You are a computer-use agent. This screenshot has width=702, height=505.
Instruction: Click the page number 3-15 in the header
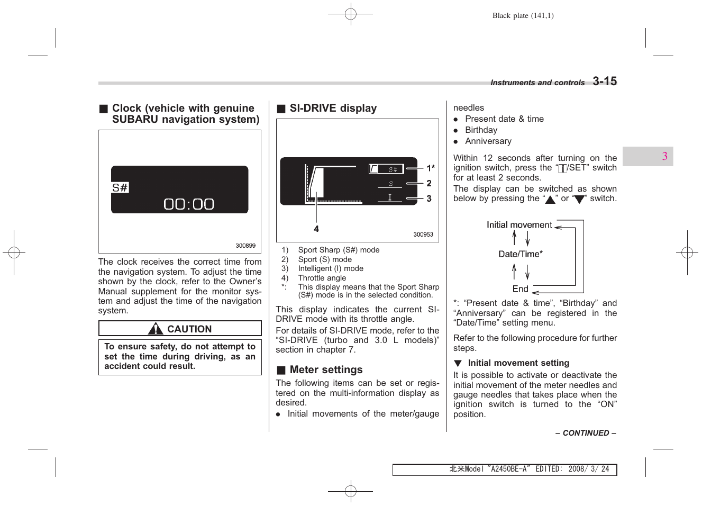click(x=604, y=81)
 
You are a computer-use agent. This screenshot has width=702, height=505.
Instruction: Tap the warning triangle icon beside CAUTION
click(x=156, y=329)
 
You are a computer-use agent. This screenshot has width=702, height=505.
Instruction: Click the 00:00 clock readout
click(x=189, y=204)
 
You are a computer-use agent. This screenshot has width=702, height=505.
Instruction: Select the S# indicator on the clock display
click(x=120, y=187)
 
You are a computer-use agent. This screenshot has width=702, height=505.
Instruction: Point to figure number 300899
click(x=245, y=246)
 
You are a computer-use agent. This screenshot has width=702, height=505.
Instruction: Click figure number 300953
click(x=423, y=235)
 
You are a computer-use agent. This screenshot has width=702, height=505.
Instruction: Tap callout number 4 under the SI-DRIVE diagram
click(x=316, y=229)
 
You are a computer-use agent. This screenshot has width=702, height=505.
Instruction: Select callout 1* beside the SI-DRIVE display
click(x=431, y=168)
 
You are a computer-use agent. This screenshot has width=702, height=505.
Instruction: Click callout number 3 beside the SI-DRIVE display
click(x=429, y=199)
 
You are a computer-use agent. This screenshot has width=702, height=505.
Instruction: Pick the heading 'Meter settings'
click(x=326, y=369)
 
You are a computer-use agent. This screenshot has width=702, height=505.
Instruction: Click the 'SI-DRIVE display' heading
click(x=333, y=108)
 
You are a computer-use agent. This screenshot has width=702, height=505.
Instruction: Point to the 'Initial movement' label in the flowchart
click(x=519, y=225)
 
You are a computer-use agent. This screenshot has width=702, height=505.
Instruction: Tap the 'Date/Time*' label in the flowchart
click(x=521, y=254)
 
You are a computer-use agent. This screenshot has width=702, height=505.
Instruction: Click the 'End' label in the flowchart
click(x=520, y=289)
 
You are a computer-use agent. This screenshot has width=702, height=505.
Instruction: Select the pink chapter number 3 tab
click(x=664, y=156)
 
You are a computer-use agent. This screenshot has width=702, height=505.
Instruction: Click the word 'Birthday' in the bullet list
click(x=481, y=130)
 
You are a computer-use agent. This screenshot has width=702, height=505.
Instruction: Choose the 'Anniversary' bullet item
click(x=488, y=141)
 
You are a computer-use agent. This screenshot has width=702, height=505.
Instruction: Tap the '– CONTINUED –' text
click(x=586, y=433)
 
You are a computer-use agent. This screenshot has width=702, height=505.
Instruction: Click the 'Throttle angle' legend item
click(x=322, y=278)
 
